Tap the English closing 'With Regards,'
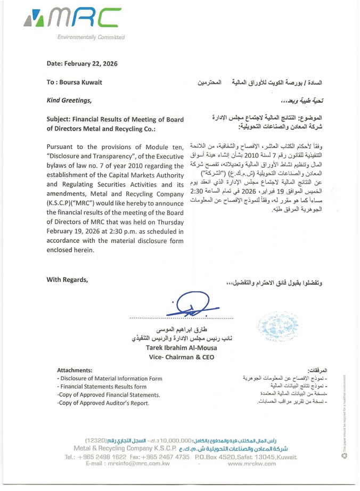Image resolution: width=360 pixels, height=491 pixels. [67, 280]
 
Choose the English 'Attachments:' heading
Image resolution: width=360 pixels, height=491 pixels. [75, 369]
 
